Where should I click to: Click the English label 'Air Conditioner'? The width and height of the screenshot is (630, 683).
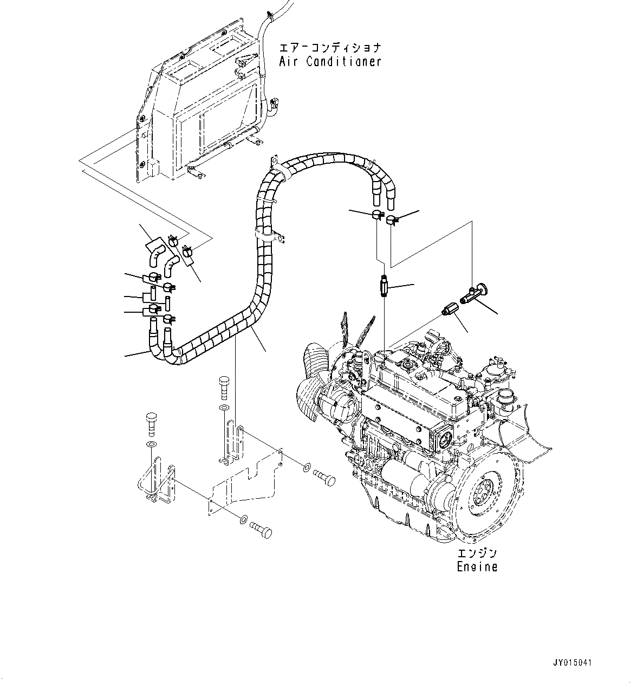[330, 61]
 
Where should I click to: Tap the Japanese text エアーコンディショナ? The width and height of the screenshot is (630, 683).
[330, 47]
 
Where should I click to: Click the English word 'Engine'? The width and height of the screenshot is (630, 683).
[477, 567]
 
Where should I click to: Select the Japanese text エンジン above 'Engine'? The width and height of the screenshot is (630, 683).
[477, 553]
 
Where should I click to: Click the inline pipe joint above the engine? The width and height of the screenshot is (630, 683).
[382, 285]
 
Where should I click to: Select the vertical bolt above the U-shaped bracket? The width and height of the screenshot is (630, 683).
[151, 422]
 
